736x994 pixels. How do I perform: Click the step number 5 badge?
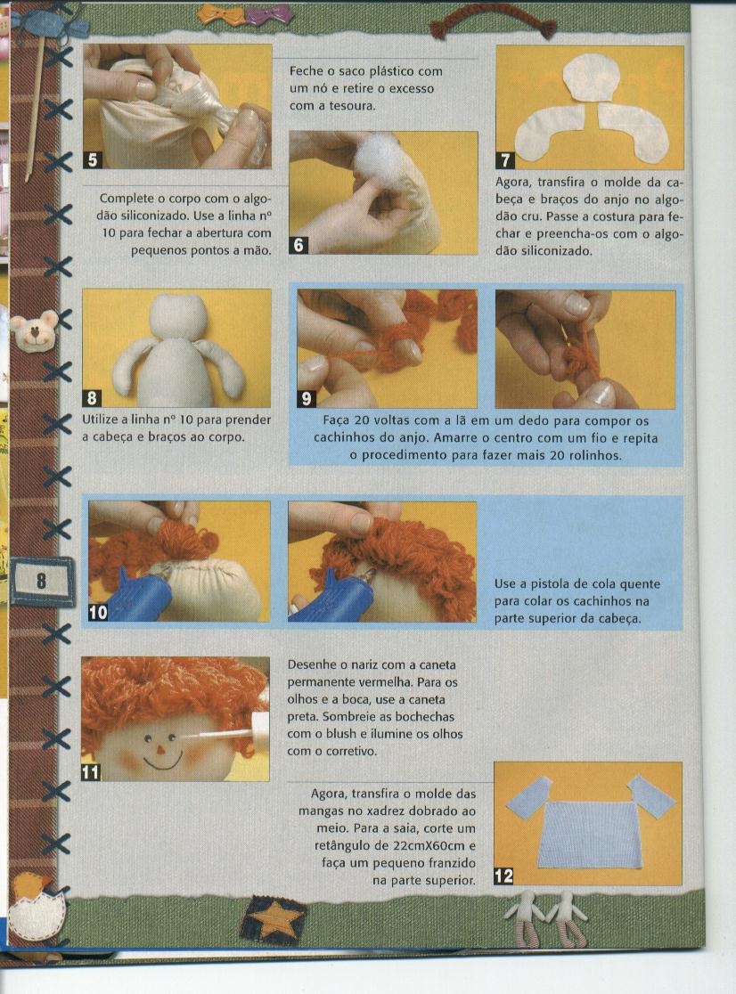[93, 159]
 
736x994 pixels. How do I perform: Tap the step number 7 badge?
[504, 160]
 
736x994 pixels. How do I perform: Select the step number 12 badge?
[503, 876]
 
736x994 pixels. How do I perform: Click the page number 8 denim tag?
[41, 581]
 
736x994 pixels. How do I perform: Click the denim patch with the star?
[273, 920]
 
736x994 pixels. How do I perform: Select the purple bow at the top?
[268, 13]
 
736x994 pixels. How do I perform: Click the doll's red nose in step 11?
[161, 750]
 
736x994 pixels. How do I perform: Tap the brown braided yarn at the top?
[494, 24]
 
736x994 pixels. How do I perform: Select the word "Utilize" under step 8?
[102, 420]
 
